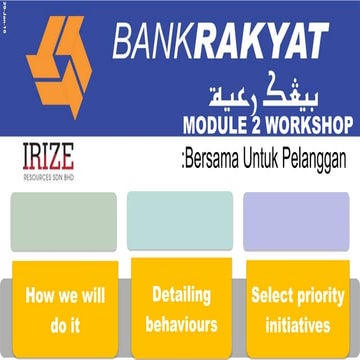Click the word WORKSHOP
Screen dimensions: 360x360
pos(307,127)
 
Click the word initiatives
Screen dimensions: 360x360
pos(297,325)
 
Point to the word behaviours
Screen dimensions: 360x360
pos(180,325)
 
